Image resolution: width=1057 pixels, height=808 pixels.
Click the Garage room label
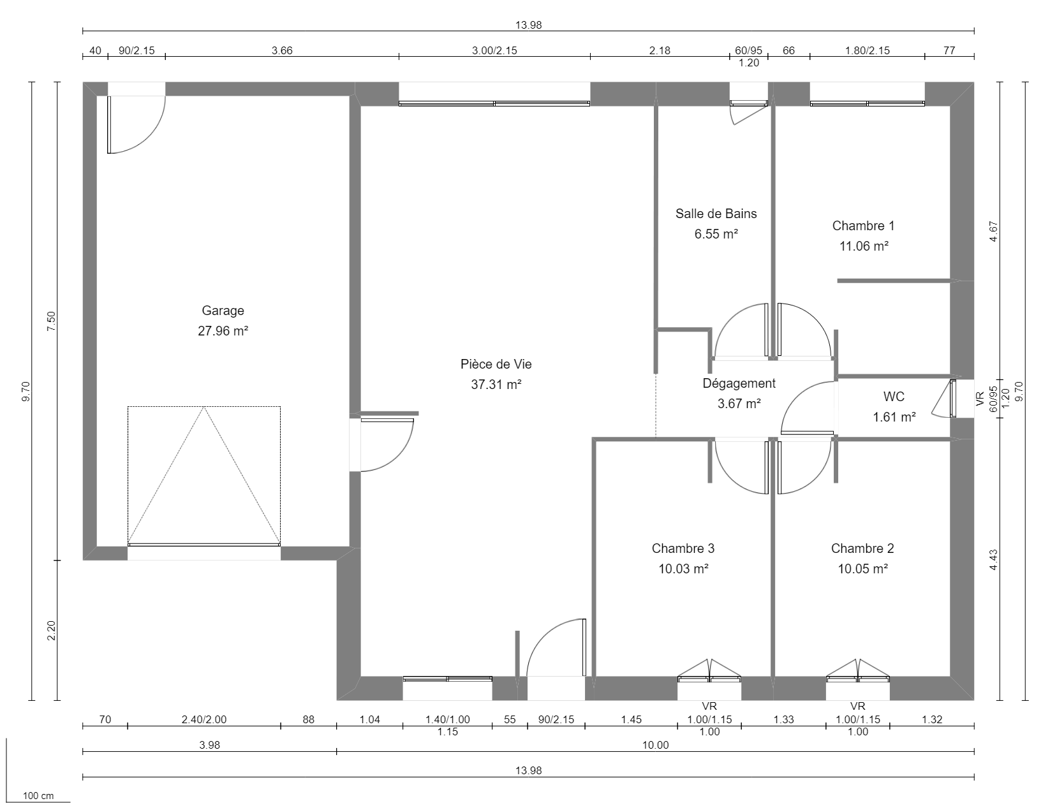click(223, 311)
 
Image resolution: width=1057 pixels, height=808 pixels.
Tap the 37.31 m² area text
click(496, 385)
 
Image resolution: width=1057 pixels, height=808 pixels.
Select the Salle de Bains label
click(716, 214)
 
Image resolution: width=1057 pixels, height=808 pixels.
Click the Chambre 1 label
click(863, 226)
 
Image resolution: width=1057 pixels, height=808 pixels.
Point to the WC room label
click(894, 397)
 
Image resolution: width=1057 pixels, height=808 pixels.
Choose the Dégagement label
click(739, 383)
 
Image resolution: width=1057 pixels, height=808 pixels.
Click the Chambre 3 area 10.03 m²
click(683, 569)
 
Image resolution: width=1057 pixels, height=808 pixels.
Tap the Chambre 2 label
click(862, 548)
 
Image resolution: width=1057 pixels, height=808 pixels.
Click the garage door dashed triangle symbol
click(204, 475)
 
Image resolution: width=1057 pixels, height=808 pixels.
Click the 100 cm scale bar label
click(38, 796)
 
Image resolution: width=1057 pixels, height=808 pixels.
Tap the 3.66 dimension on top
click(282, 51)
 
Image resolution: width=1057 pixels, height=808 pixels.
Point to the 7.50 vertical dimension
click(52, 321)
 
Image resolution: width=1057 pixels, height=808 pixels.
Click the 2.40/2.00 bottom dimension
click(203, 720)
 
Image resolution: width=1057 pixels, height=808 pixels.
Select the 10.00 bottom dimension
click(655, 746)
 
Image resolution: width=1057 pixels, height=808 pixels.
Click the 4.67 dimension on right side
click(993, 231)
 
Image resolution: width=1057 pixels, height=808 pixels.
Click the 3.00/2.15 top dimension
click(494, 51)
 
